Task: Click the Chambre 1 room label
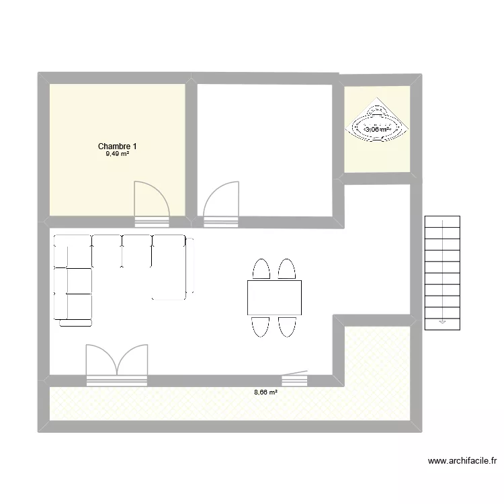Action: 118,146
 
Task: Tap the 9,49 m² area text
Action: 117,154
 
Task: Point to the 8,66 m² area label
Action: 265,392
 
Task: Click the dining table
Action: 274,298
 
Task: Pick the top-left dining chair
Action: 261,269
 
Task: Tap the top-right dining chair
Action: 287,269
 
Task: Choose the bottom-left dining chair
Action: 261,326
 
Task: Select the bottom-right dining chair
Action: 287,326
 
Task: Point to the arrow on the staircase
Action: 442,321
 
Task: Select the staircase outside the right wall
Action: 442,272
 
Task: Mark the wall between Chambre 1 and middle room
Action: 192,148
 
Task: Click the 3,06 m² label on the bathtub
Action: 377,130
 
